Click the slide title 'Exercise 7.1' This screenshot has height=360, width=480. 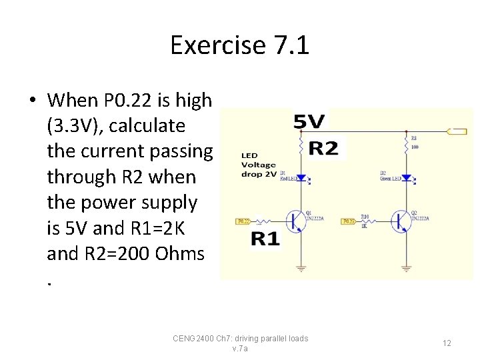click(239, 45)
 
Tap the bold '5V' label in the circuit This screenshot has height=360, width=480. click(309, 122)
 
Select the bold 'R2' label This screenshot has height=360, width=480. click(323, 148)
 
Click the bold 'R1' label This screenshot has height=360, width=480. click(265, 239)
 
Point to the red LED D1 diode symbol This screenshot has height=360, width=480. click(301, 178)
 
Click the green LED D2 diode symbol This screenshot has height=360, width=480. click(406, 178)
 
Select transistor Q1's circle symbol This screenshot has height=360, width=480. click(295, 221)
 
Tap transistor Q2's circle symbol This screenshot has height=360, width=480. click(401, 221)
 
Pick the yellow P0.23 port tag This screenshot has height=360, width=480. click(349, 221)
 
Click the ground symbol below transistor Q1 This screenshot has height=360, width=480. click(301, 268)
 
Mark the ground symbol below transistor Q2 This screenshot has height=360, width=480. click(406, 268)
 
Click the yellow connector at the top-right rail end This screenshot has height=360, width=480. click(457, 131)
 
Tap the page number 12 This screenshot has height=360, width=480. click(447, 343)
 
